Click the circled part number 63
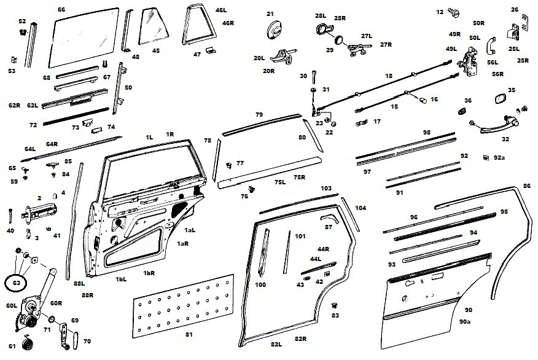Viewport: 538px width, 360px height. point(16,283)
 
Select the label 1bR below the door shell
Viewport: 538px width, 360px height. point(149,273)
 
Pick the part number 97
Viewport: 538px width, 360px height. point(367,171)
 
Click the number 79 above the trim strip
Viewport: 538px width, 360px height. point(259,115)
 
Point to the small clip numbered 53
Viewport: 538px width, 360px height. point(12,60)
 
